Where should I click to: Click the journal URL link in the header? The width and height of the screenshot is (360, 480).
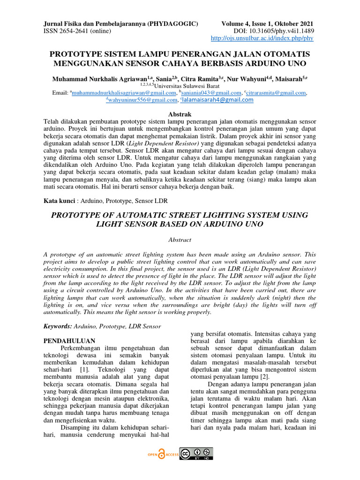pos(262,38)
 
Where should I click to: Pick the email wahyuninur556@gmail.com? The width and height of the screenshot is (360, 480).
pos(142,100)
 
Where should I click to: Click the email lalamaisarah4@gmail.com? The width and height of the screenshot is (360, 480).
pos(217,100)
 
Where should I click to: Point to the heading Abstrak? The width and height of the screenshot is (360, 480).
pos(180,114)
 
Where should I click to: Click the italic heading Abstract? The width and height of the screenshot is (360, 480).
pos(180,240)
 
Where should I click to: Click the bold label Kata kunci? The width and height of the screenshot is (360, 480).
pos(59,200)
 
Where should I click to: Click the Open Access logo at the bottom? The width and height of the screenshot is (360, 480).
pos(163,454)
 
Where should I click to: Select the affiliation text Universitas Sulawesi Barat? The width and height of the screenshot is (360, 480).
pos(185,86)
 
